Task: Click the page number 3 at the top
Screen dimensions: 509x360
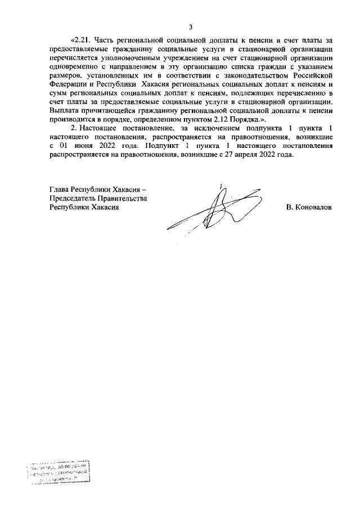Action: [x=191, y=26]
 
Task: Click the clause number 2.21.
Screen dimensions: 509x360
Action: [x=81, y=40]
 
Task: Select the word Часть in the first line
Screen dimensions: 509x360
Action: [x=105, y=40]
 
